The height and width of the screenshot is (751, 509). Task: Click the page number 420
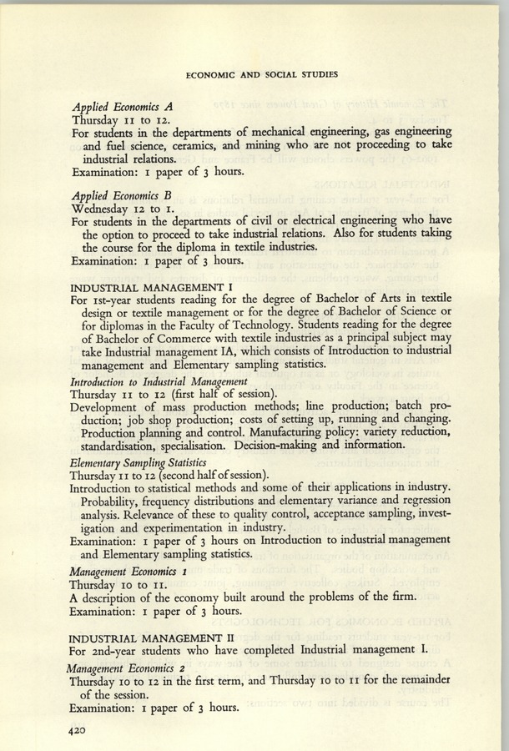[x=80, y=729]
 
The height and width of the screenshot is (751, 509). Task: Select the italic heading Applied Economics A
[x=122, y=107]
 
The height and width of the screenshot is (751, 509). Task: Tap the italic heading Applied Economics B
[x=122, y=194]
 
